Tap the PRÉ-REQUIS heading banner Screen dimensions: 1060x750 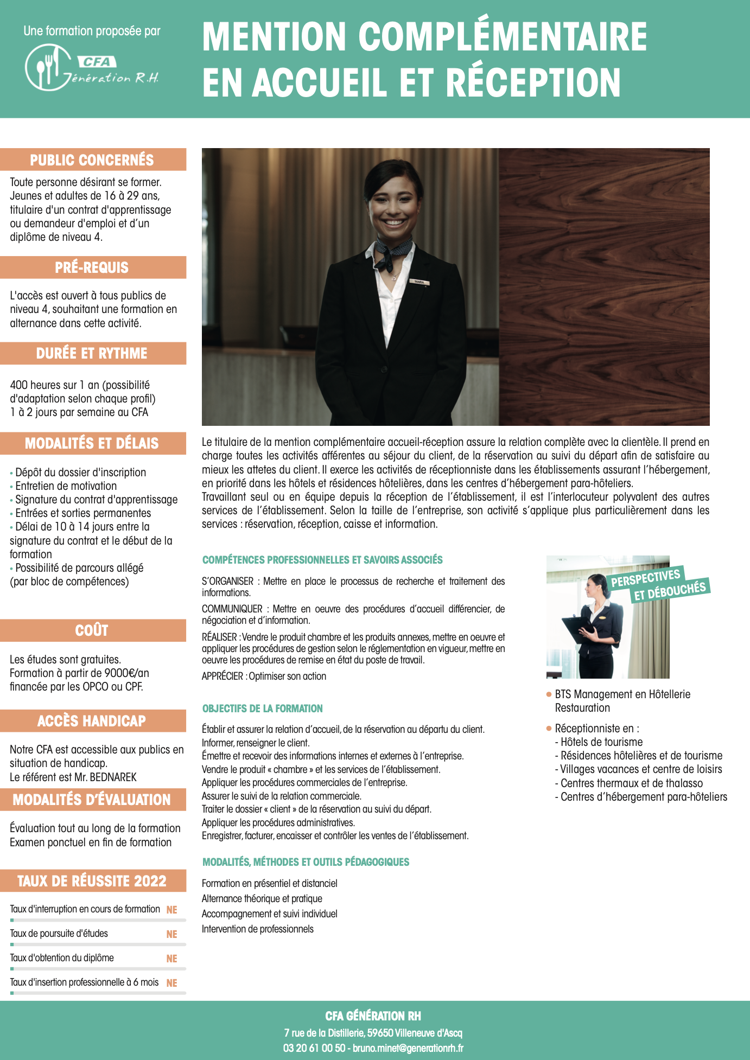(x=92, y=267)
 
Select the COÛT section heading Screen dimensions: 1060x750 (x=92, y=630)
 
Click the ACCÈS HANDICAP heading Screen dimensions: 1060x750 (x=92, y=721)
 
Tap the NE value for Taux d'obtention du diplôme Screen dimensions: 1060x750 (x=171, y=959)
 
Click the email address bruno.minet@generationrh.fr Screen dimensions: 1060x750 (x=408, y=1048)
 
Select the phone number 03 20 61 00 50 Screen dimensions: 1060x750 (x=314, y=1048)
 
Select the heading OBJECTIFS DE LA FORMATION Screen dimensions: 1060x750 (x=262, y=708)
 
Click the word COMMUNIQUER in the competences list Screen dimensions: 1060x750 (x=232, y=609)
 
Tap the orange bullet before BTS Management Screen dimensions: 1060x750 (x=549, y=694)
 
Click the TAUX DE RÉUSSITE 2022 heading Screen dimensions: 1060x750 (x=92, y=880)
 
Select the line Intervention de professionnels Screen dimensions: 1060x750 (x=257, y=929)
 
